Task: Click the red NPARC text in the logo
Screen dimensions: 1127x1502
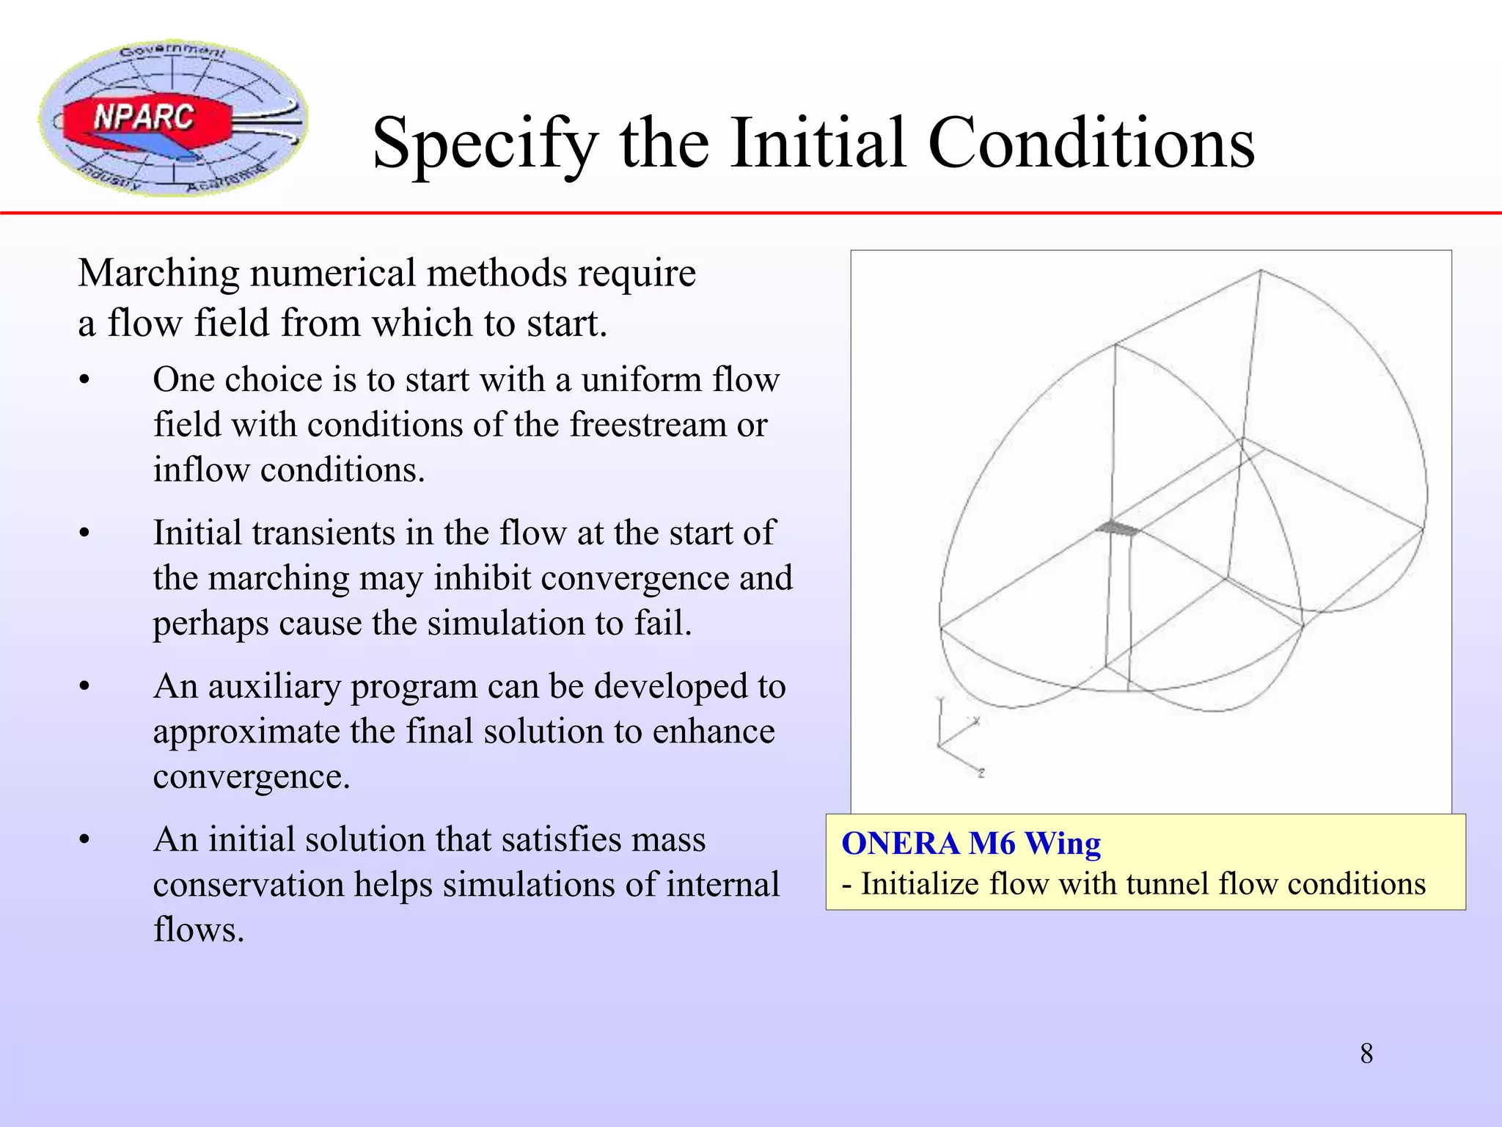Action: point(144,117)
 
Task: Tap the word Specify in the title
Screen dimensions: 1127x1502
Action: point(485,144)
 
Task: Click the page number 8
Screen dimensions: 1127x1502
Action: point(1366,1054)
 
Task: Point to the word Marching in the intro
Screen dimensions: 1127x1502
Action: point(158,274)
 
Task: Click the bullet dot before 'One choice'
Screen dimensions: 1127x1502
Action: point(85,381)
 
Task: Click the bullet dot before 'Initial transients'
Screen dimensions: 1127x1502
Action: point(85,534)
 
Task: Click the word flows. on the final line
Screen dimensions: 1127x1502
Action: point(198,930)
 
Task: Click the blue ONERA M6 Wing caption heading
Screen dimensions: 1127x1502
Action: point(970,844)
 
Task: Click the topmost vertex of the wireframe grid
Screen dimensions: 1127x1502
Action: point(1261,270)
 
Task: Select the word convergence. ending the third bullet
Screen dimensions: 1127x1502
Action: point(251,777)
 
